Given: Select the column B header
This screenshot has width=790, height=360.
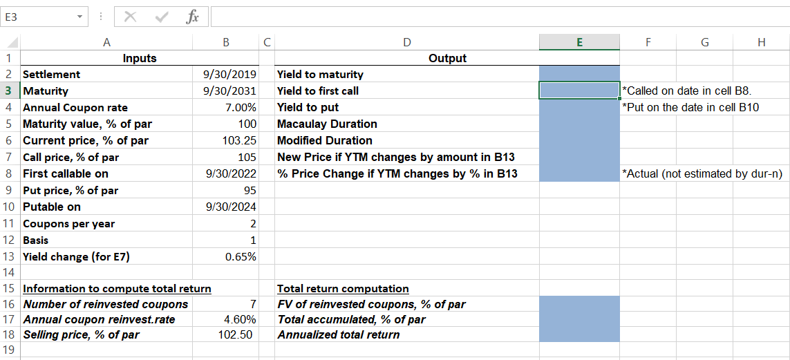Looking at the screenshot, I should coord(225,43).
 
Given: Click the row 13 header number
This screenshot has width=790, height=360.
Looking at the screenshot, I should coord(9,257).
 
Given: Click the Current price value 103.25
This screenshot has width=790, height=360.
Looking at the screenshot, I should coord(241,141).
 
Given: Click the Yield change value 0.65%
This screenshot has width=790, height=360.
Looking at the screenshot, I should coord(241,257).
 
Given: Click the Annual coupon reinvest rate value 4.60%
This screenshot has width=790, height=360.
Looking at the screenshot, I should coord(241,320).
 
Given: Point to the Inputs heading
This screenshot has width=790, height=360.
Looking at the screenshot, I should coord(140,59).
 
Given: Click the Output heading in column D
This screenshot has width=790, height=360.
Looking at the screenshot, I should coord(447,59).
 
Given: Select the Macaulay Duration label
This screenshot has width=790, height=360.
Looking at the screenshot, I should coord(327,124).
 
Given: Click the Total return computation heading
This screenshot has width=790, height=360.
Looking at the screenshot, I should coord(343,289).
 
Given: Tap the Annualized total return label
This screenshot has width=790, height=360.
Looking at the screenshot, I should coord(338,335).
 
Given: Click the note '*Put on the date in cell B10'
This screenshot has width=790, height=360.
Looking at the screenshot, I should coord(690,108).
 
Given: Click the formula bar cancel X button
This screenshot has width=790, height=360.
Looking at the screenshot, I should coord(129,16).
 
